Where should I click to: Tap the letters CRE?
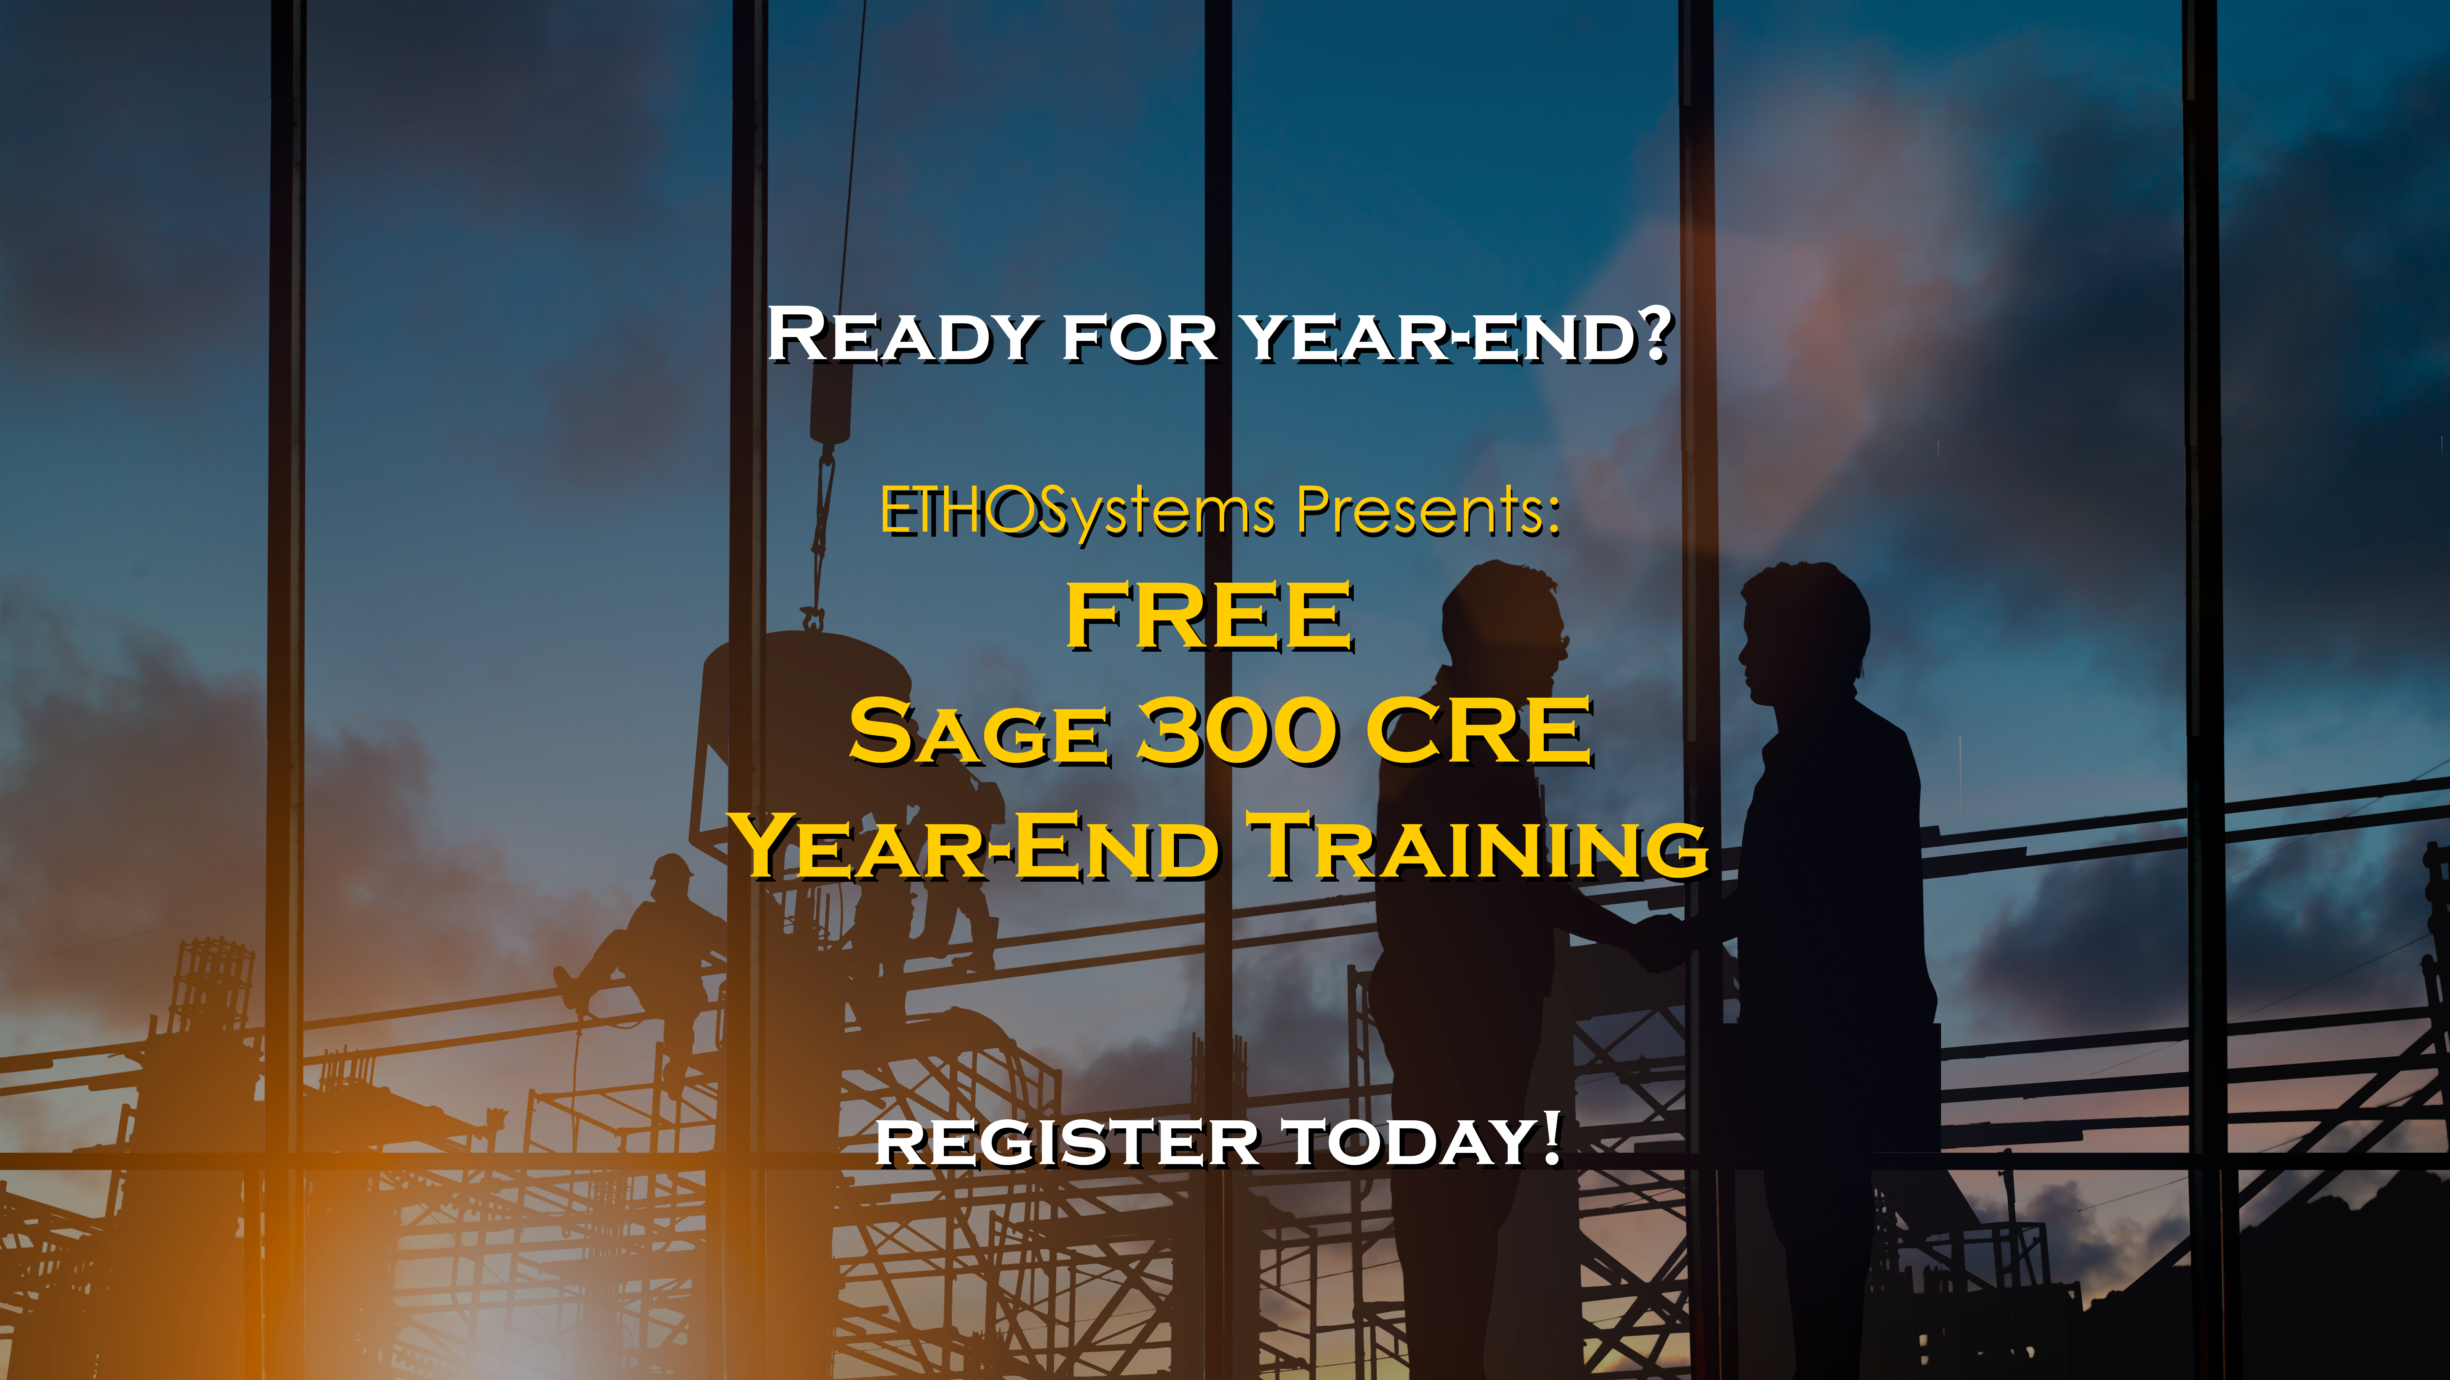[x=1479, y=731]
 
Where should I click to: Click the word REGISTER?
[x=1067, y=1142]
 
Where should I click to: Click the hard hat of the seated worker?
[x=672, y=867]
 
